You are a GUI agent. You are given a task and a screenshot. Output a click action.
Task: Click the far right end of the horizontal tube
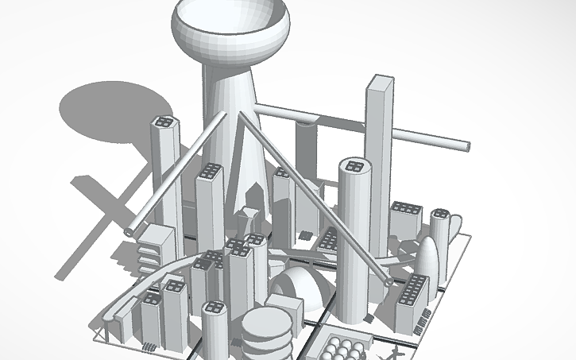click(465, 146)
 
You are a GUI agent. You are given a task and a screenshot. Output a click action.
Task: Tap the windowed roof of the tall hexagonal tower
click(164, 122)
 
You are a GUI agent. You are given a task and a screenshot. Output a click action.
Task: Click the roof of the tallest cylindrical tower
click(352, 165)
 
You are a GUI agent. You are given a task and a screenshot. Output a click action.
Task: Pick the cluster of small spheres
click(343, 347)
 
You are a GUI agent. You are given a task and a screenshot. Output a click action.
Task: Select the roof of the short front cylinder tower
click(214, 308)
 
